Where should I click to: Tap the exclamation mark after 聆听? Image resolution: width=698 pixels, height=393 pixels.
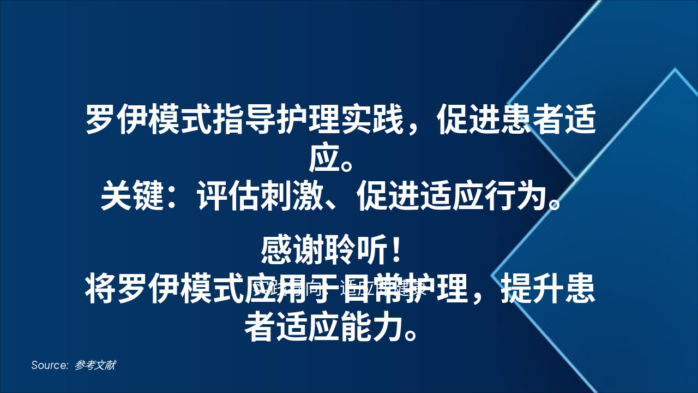pos(396,250)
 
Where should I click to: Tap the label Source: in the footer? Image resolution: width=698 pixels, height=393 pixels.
pos(50,365)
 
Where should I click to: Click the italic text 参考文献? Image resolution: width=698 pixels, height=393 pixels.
pos(95,365)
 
